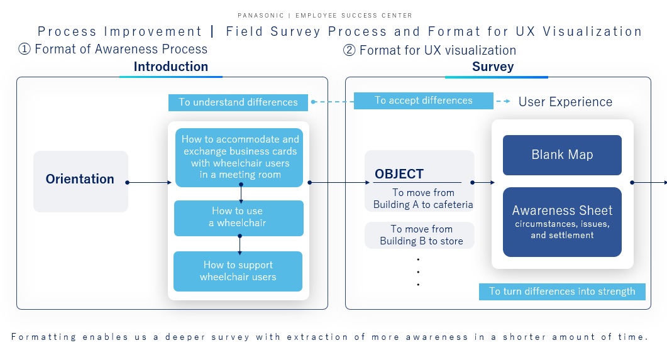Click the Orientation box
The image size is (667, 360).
point(80,181)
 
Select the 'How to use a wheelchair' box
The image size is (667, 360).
point(238,217)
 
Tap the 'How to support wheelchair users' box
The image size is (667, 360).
point(238,271)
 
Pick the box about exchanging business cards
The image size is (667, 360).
point(238,157)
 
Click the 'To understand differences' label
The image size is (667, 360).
point(238,102)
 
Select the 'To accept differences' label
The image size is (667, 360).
point(423,101)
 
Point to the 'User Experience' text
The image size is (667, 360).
point(565,102)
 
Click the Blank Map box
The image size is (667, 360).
point(562,155)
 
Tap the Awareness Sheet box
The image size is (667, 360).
point(562,222)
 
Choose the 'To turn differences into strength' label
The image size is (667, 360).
point(562,292)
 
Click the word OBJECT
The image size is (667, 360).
point(399,174)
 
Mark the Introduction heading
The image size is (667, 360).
point(170,67)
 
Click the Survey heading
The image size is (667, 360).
point(493,67)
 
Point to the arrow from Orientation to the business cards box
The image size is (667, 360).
point(149,183)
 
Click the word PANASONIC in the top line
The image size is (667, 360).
point(260,15)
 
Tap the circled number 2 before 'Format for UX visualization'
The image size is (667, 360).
point(349,50)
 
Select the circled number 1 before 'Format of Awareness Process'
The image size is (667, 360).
point(25,49)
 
